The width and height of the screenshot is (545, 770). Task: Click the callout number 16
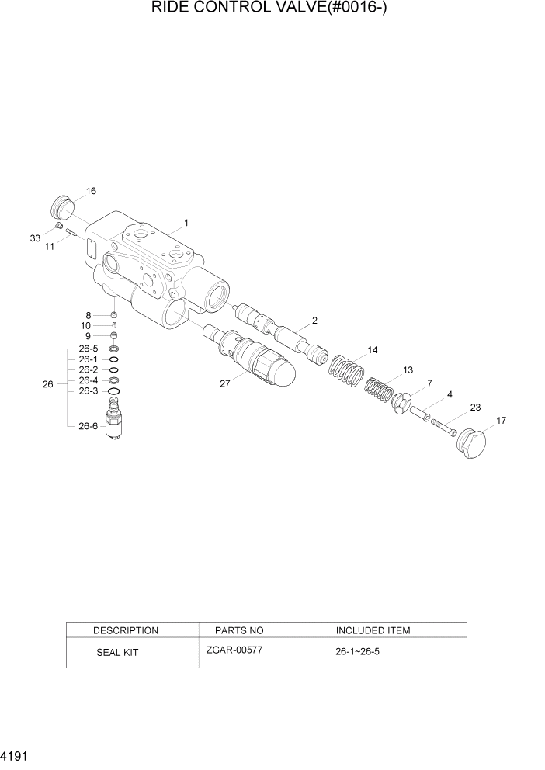(x=91, y=191)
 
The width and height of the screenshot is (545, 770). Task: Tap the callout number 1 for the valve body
(x=186, y=224)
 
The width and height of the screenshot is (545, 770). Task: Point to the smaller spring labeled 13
(x=380, y=389)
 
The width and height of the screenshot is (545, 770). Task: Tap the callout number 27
(x=225, y=383)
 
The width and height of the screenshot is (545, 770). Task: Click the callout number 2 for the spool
(x=314, y=320)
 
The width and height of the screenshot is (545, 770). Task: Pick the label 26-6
(x=88, y=425)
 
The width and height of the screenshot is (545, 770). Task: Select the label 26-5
(x=88, y=349)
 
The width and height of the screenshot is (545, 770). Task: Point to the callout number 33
(x=36, y=238)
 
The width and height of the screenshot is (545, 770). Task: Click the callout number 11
(x=50, y=246)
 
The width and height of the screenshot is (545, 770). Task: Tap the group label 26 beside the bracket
(x=48, y=384)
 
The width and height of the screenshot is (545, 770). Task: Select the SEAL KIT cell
(x=117, y=653)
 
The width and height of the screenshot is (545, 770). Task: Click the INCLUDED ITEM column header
(x=373, y=630)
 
